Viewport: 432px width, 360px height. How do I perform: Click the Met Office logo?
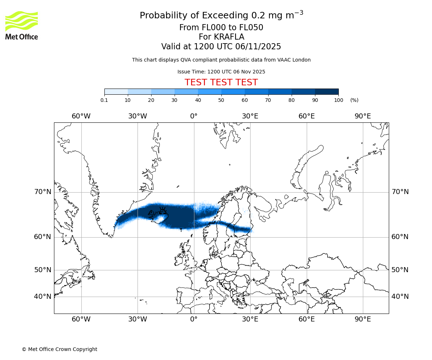click(22, 25)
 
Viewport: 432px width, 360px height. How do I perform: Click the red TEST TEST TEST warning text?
click(221, 83)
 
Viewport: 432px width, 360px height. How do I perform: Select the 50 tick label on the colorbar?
click(221, 100)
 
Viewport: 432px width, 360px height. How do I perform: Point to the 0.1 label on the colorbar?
click(104, 100)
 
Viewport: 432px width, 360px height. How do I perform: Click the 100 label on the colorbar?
click(338, 100)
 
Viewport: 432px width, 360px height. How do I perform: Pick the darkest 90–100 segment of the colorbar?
click(327, 92)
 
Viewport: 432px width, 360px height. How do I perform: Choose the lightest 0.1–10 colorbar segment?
click(116, 92)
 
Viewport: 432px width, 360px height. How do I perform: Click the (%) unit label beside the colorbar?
click(354, 100)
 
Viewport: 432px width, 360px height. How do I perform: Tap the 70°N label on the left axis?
click(43, 192)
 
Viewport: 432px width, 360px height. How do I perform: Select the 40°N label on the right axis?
click(400, 297)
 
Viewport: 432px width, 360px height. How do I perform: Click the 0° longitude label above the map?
click(194, 116)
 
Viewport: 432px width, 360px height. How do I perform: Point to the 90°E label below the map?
click(363, 319)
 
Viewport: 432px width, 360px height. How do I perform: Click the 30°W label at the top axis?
click(138, 116)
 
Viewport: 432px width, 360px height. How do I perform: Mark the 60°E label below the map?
click(307, 319)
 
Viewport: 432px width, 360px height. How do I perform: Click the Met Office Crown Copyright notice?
click(59, 349)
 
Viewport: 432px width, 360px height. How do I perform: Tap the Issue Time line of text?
click(221, 72)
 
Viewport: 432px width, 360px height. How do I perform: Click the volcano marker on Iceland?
click(163, 211)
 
